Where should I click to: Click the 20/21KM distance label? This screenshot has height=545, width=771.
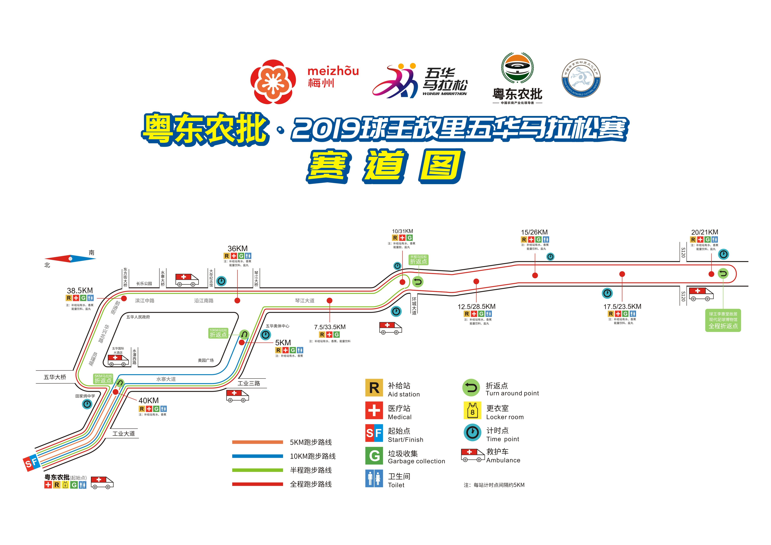(x=704, y=232)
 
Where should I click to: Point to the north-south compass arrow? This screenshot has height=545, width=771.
(x=70, y=259)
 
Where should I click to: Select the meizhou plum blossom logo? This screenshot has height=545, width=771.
(x=273, y=82)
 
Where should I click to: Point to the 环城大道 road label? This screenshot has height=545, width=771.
(x=414, y=306)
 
